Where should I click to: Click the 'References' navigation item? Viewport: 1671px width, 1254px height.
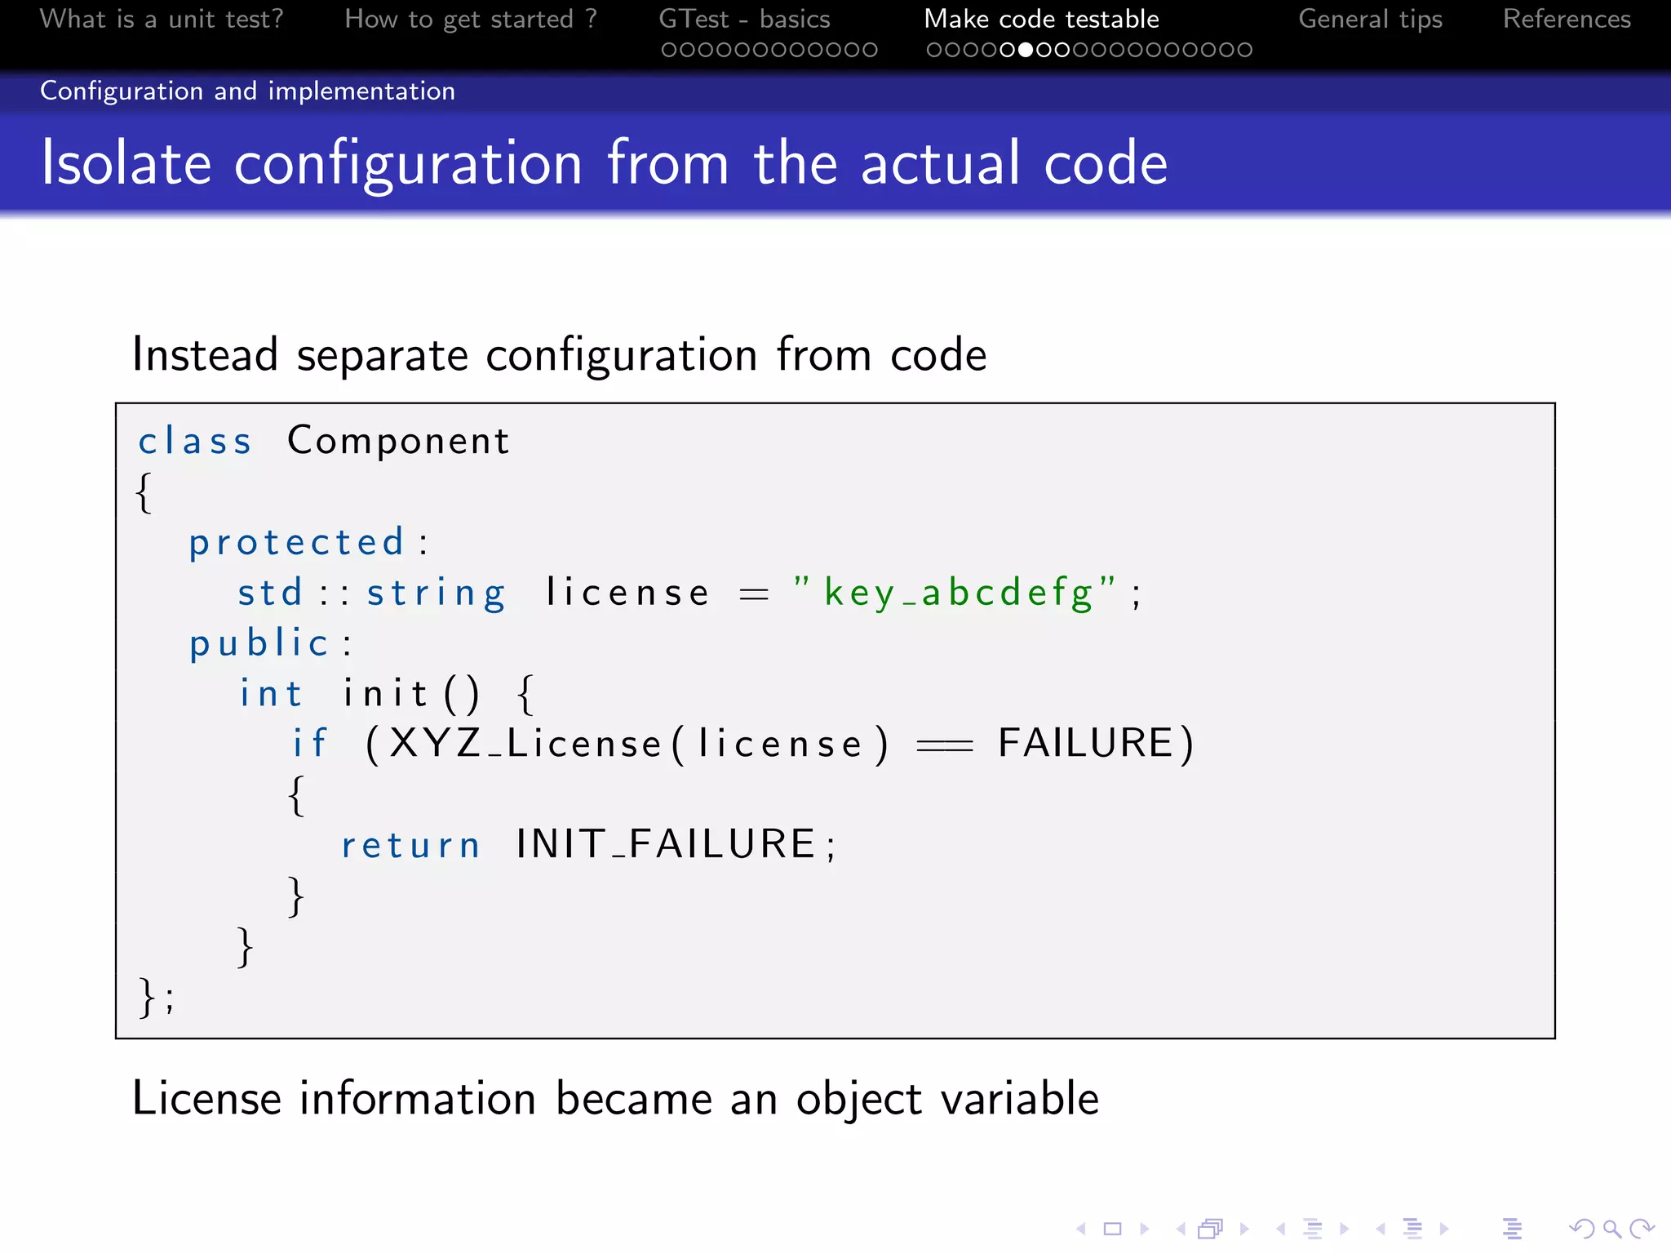point(1567,19)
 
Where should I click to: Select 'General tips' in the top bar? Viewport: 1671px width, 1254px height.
point(1370,19)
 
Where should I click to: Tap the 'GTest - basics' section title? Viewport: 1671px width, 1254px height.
point(744,19)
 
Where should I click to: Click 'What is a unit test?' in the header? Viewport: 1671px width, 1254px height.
point(162,19)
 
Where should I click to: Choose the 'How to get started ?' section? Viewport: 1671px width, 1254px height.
point(471,19)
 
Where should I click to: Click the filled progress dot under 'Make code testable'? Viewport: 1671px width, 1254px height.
point(1026,50)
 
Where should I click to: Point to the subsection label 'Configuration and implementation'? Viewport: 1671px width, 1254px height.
point(247,91)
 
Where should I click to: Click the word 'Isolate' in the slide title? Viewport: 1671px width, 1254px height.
point(126,163)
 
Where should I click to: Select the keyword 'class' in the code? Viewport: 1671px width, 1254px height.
point(194,442)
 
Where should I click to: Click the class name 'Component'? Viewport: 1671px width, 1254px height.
point(398,442)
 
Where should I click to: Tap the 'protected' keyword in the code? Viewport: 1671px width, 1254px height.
point(297,543)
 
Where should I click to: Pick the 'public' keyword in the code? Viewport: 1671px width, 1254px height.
point(259,643)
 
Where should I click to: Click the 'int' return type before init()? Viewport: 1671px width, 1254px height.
point(270,694)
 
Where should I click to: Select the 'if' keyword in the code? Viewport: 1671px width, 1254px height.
point(310,744)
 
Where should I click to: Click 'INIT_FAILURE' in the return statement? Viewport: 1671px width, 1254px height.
point(666,844)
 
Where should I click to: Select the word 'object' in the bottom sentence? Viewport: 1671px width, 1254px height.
point(858,1099)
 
